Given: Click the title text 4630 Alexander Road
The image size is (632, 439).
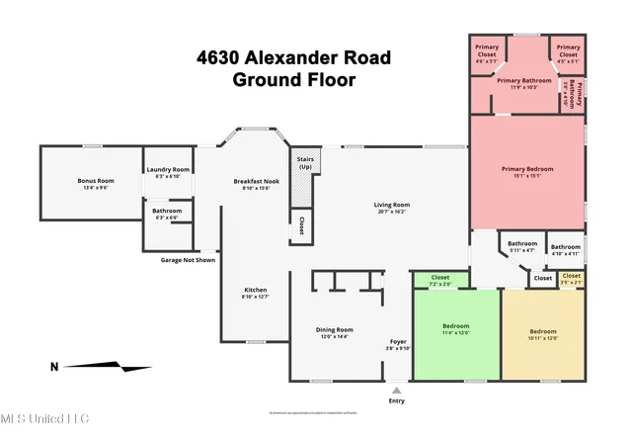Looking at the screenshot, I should [293, 58].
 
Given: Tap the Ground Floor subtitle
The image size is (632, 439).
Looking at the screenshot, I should [293, 80].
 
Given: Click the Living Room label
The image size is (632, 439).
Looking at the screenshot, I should [393, 206].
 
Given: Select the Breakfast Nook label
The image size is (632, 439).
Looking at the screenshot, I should [255, 182].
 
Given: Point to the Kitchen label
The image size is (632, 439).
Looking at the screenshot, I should [255, 291].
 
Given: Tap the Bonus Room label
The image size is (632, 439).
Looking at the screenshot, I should [97, 182].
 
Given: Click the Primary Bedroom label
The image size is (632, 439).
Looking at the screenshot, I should [523, 172].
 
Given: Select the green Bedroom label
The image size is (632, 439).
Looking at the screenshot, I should [455, 327].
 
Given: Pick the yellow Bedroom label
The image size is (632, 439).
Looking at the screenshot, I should [543, 332].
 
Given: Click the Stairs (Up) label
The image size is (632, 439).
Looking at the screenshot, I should [301, 162].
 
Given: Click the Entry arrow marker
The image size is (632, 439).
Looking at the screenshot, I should [397, 391].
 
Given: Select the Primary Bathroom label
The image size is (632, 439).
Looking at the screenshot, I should [523, 81].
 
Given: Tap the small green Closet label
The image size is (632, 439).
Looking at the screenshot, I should [440, 279].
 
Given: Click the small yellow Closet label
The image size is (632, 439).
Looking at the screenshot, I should [572, 277].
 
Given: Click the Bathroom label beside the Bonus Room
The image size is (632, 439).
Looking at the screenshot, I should [167, 212].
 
